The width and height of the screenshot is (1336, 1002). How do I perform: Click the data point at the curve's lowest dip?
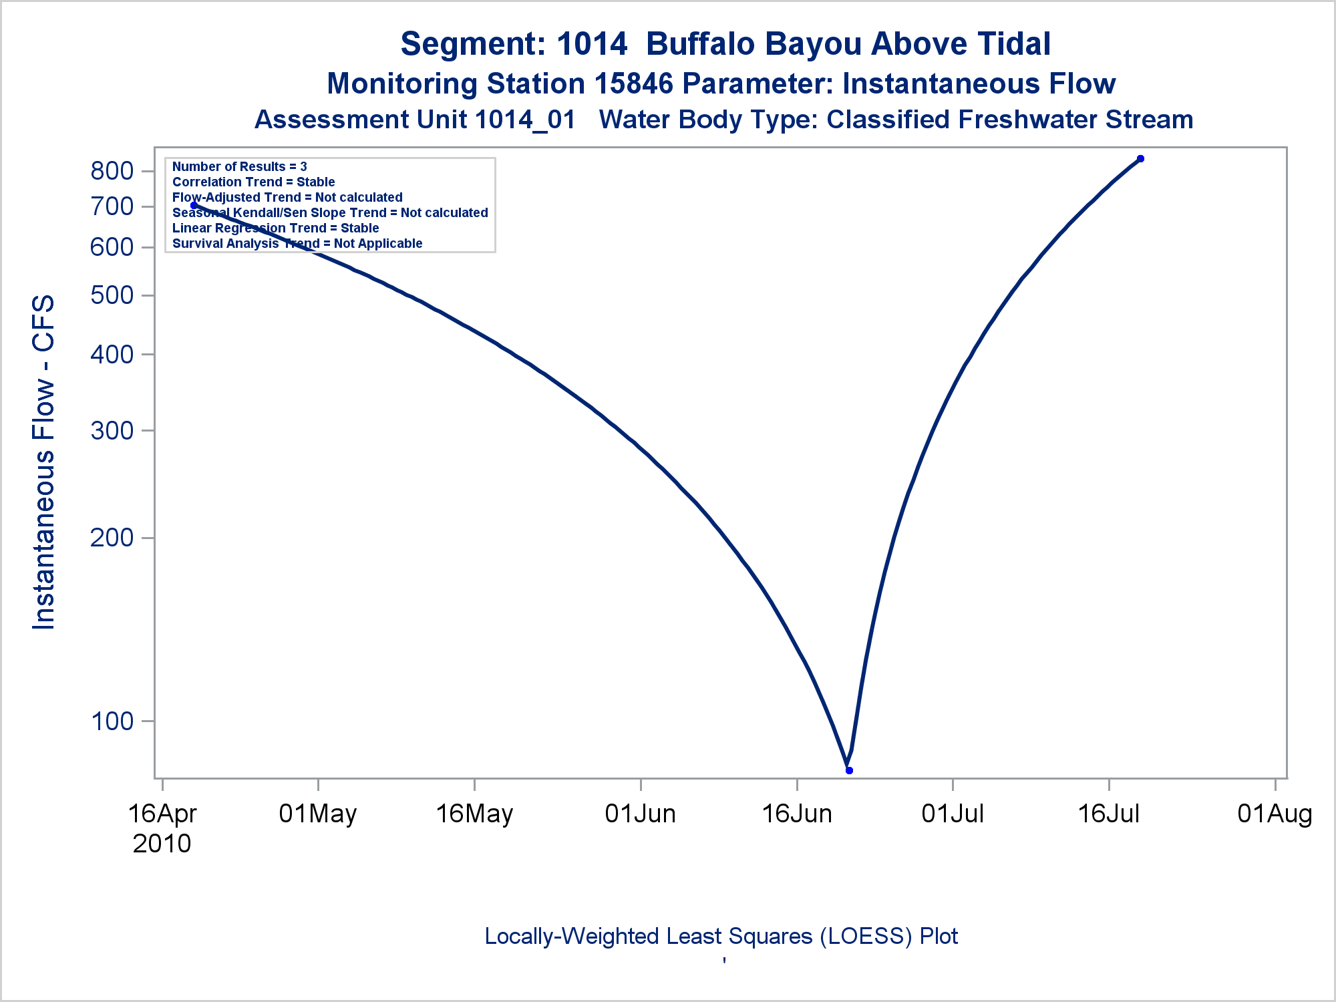(849, 770)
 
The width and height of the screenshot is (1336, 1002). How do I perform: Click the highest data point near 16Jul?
(1140, 158)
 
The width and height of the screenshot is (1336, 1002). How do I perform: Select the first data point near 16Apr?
(194, 205)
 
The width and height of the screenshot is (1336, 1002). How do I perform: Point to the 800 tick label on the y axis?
(112, 171)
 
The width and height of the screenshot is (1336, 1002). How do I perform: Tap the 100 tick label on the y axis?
(112, 721)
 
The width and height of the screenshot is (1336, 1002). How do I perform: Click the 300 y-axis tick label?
(112, 431)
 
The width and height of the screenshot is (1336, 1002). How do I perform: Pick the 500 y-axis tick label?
(112, 295)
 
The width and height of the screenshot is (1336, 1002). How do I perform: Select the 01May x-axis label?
(318, 814)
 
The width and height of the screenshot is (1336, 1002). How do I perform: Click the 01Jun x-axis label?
(641, 814)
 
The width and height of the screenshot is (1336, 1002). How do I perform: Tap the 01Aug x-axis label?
(1275, 814)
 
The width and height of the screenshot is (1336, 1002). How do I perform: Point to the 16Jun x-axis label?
(797, 814)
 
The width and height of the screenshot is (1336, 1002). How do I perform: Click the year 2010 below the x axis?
(162, 844)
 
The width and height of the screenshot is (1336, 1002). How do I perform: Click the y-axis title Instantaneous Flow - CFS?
(44, 462)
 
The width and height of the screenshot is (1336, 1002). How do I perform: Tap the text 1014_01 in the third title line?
(525, 120)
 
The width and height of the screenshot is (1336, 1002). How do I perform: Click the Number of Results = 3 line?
(240, 166)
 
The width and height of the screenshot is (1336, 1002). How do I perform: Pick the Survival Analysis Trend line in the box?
(297, 243)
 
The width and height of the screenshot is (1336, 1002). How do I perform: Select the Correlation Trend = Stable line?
(254, 182)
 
